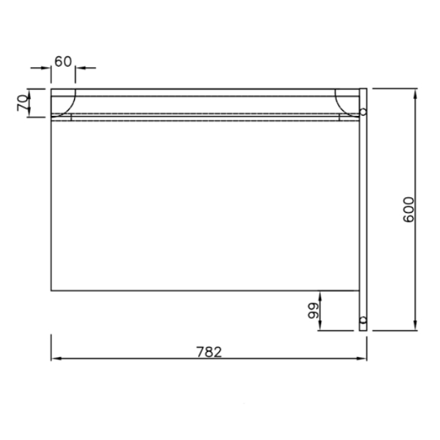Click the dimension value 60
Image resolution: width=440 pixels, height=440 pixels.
(63, 62)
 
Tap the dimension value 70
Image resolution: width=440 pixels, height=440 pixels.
(23, 103)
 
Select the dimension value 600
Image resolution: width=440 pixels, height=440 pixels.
(408, 210)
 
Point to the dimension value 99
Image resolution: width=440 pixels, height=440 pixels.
(313, 311)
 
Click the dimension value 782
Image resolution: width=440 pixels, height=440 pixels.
(209, 352)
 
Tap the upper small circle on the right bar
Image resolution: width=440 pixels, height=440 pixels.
(363, 112)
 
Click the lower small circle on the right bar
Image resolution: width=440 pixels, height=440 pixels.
(363, 320)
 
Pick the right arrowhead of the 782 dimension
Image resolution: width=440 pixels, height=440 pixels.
(362, 359)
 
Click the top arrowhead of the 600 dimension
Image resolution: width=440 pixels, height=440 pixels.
(415, 94)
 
